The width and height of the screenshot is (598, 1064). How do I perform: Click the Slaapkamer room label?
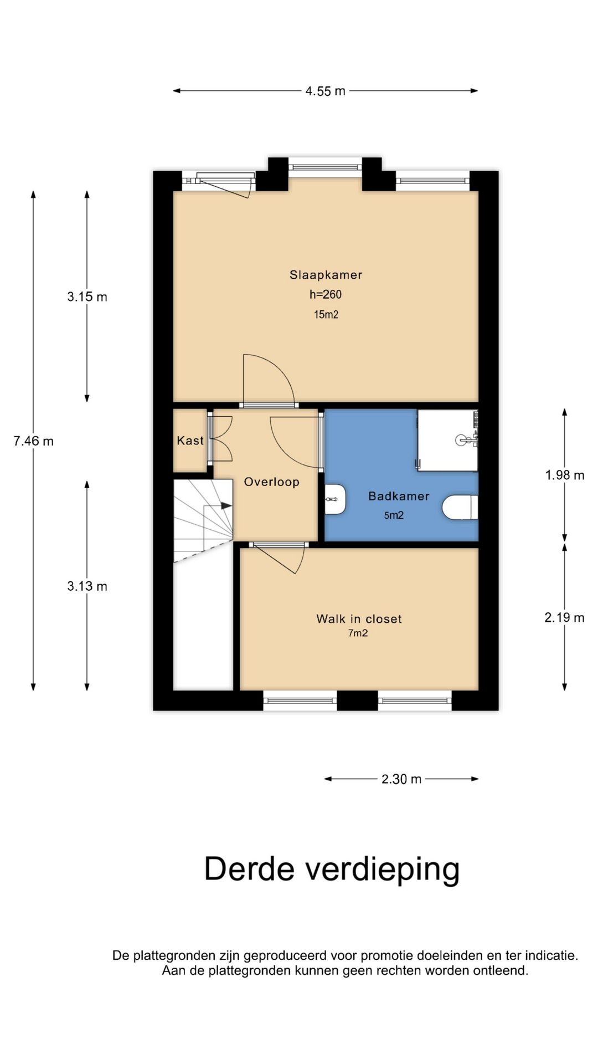[x=326, y=275]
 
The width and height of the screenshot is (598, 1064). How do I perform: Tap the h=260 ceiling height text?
[x=326, y=294]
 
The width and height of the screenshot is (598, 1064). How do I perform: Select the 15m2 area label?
[x=326, y=315]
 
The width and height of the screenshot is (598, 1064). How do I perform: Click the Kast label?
[x=190, y=441]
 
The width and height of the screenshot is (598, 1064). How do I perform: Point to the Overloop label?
[x=271, y=482]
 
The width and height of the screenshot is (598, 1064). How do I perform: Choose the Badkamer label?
[x=399, y=497]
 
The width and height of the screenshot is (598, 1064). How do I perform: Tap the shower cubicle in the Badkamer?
[x=448, y=441]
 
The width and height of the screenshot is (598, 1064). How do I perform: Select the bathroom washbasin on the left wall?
[x=335, y=499]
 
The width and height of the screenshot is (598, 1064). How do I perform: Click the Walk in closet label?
[x=359, y=619]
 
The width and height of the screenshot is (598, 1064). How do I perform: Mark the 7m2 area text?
[x=358, y=633]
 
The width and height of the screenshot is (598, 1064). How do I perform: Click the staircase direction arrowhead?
[x=226, y=505]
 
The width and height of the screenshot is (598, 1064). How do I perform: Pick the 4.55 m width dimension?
[x=325, y=91]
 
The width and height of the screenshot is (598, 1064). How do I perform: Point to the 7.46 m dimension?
[x=33, y=441]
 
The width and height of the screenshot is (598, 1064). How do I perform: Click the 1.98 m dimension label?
[x=564, y=475]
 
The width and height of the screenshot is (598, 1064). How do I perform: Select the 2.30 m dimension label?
[x=401, y=779]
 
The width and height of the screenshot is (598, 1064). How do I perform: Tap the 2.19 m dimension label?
[x=564, y=617]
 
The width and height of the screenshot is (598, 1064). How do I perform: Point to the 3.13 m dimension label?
[x=87, y=586]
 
